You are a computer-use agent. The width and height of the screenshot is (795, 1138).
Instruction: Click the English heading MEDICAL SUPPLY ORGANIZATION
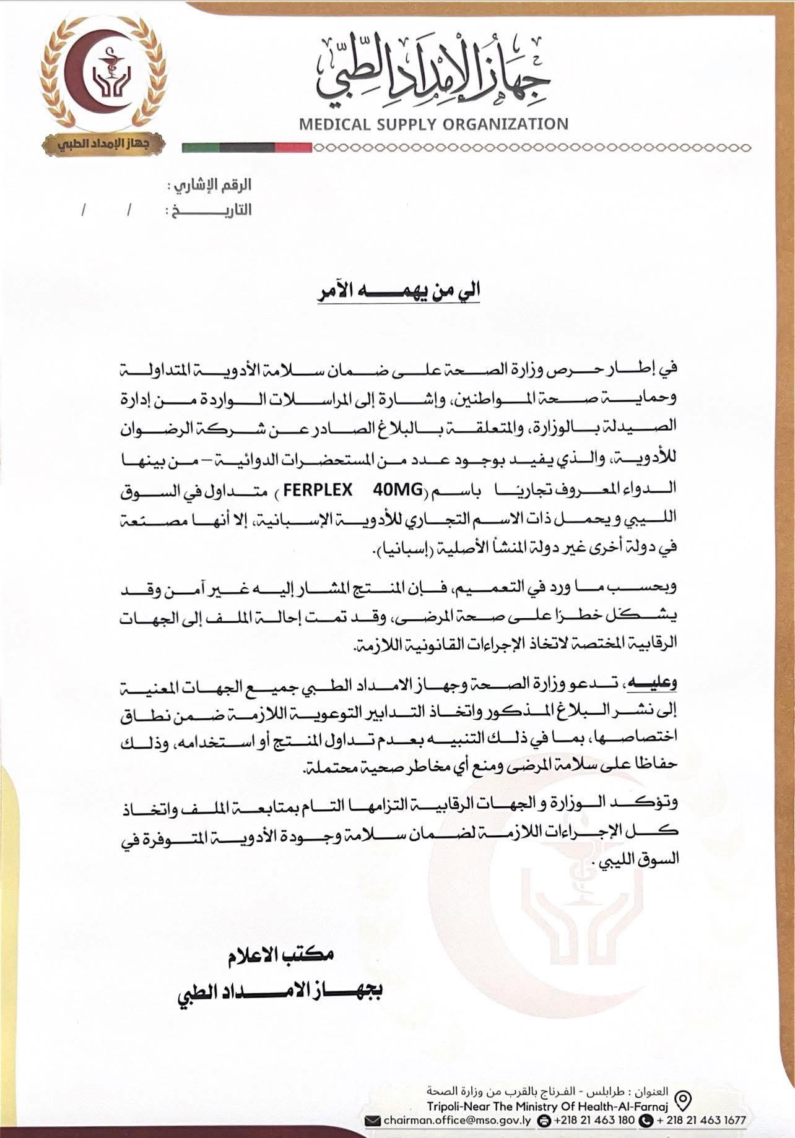coord(433,124)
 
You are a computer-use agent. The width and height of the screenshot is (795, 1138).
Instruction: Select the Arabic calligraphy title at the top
coord(433,71)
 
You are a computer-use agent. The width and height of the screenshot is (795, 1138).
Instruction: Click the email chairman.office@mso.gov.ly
coord(455,1119)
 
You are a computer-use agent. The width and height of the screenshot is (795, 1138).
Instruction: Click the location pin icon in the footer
coord(682,1100)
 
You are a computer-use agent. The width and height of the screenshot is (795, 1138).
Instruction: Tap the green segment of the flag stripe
coord(200,148)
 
